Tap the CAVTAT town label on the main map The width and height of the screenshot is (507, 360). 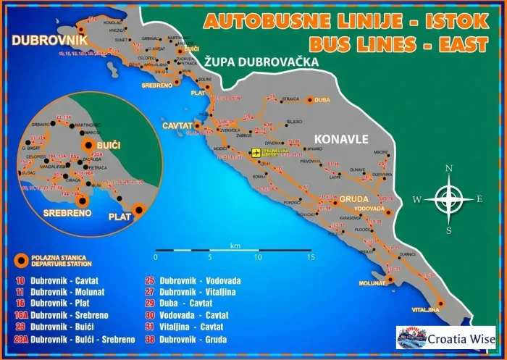coord(177,126)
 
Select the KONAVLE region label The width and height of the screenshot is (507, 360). coord(340,138)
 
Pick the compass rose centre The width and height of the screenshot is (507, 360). coord(449,198)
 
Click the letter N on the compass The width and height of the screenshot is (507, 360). coord(449,169)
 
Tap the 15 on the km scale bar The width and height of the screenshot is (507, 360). coord(310,257)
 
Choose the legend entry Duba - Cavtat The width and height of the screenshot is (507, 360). coord(186,304)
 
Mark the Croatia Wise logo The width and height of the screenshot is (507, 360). coord(446,338)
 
